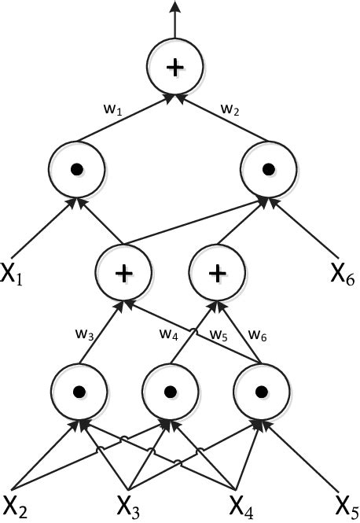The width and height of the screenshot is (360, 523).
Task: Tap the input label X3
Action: click(129, 503)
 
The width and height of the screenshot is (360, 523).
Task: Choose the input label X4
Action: click(241, 503)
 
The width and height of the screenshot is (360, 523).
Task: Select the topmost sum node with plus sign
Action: click(174, 68)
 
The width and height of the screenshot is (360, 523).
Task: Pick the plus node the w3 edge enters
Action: click(123, 273)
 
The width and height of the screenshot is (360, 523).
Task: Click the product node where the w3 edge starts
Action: click(77, 390)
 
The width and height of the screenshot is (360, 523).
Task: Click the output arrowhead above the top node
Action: click(174, 7)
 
